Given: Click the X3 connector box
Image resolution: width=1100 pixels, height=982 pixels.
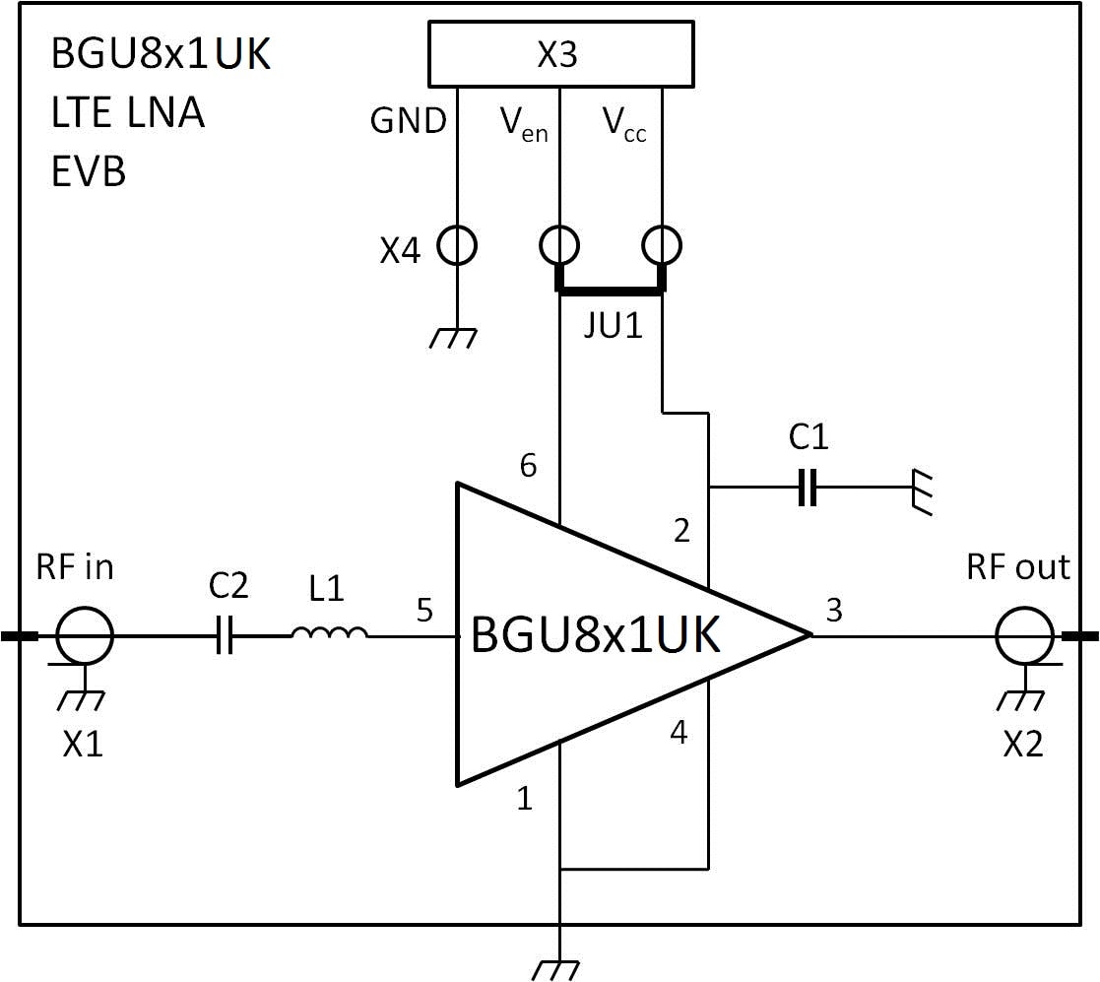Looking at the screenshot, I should coord(559,55).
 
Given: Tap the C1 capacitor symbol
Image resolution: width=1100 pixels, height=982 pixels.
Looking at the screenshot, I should coord(808,487).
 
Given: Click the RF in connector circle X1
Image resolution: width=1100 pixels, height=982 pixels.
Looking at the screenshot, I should coord(85,636).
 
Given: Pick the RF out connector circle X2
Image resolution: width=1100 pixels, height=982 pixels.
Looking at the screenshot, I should coord(1025,636).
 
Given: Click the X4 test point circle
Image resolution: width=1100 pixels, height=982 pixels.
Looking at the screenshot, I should coord(457,244).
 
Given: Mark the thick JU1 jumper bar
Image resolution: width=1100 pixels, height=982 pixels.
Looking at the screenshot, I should coord(611,290).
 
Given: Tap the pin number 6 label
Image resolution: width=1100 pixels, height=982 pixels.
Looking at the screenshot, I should coord(528,466).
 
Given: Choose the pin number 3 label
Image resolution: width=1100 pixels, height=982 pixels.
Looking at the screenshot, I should coord(834,611).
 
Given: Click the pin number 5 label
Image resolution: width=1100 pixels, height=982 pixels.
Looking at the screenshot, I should coord(424,611).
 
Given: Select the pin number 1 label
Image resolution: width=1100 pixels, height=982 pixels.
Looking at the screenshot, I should coord(525,799).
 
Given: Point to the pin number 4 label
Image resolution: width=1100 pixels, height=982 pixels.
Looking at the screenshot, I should coord(679,733).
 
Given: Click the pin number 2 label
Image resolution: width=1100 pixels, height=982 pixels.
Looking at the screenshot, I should coord(681,531).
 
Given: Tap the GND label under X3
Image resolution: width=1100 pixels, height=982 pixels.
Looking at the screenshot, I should coord(408,121).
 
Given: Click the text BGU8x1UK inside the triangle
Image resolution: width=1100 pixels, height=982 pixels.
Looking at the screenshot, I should coord(596,636).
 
